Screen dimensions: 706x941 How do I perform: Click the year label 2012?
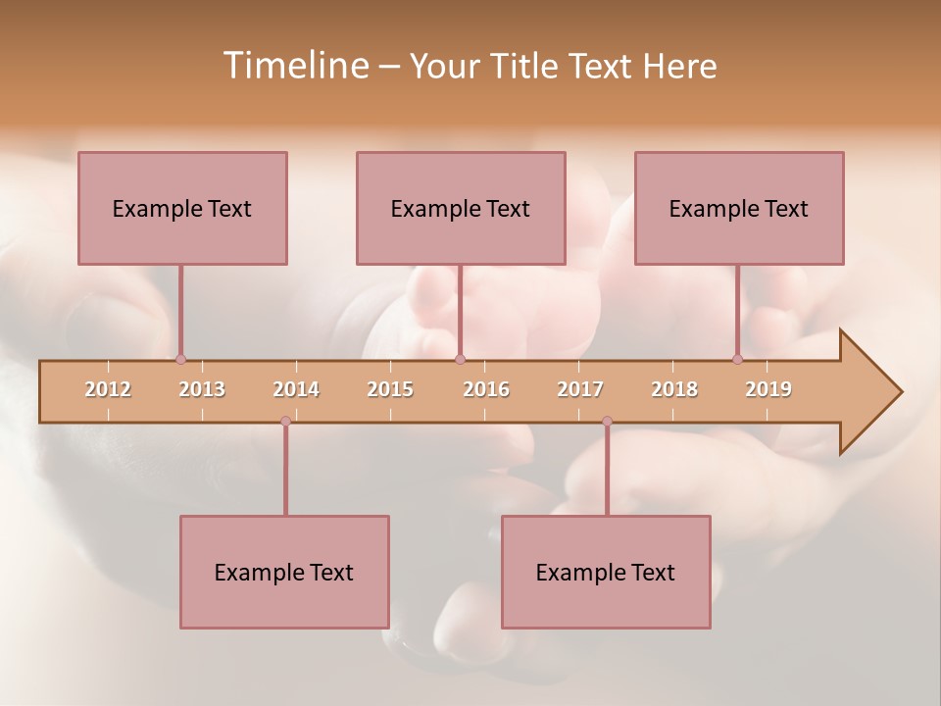pyautogui.click(x=108, y=389)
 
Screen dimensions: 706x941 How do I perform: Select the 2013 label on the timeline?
pyautogui.click(x=202, y=389)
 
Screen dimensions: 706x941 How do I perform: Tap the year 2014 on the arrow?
pyautogui.click(x=296, y=389)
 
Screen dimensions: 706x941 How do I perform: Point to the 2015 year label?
pyautogui.click(x=390, y=389)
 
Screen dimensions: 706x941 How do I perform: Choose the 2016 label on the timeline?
pyautogui.click(x=486, y=389)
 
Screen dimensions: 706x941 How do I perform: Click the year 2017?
pyautogui.click(x=580, y=389)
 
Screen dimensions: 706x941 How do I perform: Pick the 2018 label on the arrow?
pyautogui.click(x=674, y=389)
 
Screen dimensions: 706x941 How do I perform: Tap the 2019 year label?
pyautogui.click(x=768, y=389)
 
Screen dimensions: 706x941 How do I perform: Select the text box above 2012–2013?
pyautogui.click(x=182, y=208)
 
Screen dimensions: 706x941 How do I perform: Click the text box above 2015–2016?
pyautogui.click(x=461, y=208)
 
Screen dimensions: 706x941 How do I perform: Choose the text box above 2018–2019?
pyautogui.click(x=739, y=208)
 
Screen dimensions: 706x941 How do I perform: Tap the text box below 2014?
pyautogui.click(x=284, y=572)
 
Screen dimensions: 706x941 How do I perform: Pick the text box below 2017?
pyautogui.click(x=606, y=572)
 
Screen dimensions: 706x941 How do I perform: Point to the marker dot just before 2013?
pyautogui.click(x=180, y=360)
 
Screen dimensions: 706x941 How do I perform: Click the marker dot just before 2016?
pyautogui.click(x=461, y=360)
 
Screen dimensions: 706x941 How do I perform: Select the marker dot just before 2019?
pyautogui.click(x=738, y=360)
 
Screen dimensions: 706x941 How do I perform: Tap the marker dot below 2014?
pyautogui.click(x=285, y=422)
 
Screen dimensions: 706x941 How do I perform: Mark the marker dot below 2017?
pyautogui.click(x=607, y=422)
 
